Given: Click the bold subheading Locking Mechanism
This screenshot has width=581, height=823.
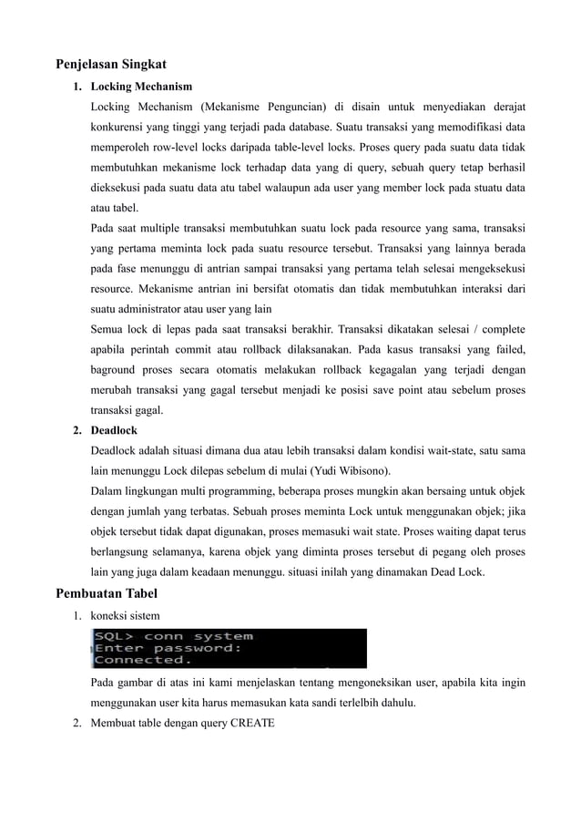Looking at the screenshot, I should (x=141, y=87).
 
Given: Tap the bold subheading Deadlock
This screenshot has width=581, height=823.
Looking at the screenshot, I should (x=115, y=430).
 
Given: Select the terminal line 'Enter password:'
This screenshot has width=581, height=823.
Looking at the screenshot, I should (x=168, y=648).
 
